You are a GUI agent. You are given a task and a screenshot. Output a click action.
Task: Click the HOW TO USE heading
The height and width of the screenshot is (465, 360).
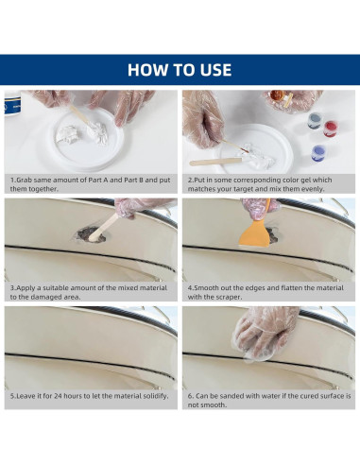(x=180, y=70)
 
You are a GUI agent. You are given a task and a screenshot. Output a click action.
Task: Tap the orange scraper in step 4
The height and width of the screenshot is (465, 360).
(x=254, y=232)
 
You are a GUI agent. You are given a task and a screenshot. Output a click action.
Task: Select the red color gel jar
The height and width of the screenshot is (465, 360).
(x=331, y=129)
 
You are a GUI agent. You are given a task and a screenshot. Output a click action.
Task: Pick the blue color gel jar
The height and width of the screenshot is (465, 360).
(x=317, y=153)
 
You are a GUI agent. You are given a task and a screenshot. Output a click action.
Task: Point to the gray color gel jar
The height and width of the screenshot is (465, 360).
(x=315, y=121)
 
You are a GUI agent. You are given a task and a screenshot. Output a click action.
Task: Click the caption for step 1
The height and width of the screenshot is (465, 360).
(x=90, y=184)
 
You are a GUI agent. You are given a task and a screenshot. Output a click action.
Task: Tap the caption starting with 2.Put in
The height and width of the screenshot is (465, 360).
(x=260, y=184)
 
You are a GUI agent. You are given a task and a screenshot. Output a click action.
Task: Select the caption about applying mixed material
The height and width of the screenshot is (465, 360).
(x=89, y=292)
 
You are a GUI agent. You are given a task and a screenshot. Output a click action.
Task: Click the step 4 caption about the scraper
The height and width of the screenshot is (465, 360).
(x=266, y=292)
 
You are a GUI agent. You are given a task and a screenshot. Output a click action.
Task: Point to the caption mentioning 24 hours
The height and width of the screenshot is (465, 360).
(x=89, y=396)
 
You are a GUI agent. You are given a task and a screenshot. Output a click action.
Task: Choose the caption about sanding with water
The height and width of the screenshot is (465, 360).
(x=269, y=400)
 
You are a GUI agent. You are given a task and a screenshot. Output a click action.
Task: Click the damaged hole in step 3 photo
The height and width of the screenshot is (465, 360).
(x=92, y=234)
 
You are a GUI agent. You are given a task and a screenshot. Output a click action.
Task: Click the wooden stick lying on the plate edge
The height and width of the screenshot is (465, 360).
(x=216, y=162)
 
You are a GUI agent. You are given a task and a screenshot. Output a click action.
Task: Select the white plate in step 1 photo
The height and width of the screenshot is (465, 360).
(x=87, y=140)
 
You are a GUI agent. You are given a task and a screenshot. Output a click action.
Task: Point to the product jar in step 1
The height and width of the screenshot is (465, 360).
(x=12, y=103)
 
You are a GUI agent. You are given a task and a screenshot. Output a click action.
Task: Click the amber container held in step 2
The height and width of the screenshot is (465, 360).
(x=277, y=95)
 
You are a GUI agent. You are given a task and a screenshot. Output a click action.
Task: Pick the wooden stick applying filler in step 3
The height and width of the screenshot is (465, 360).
(x=104, y=227)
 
